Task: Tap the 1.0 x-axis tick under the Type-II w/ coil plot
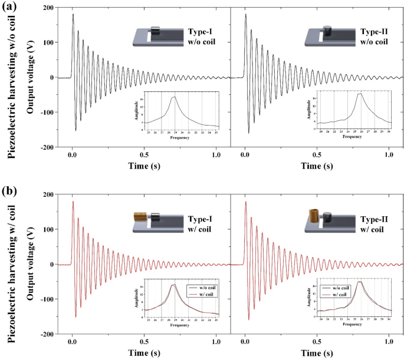tap(388, 342)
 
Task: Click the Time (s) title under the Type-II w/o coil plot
tap(316, 166)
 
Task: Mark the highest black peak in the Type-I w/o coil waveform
tap(73, 14)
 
